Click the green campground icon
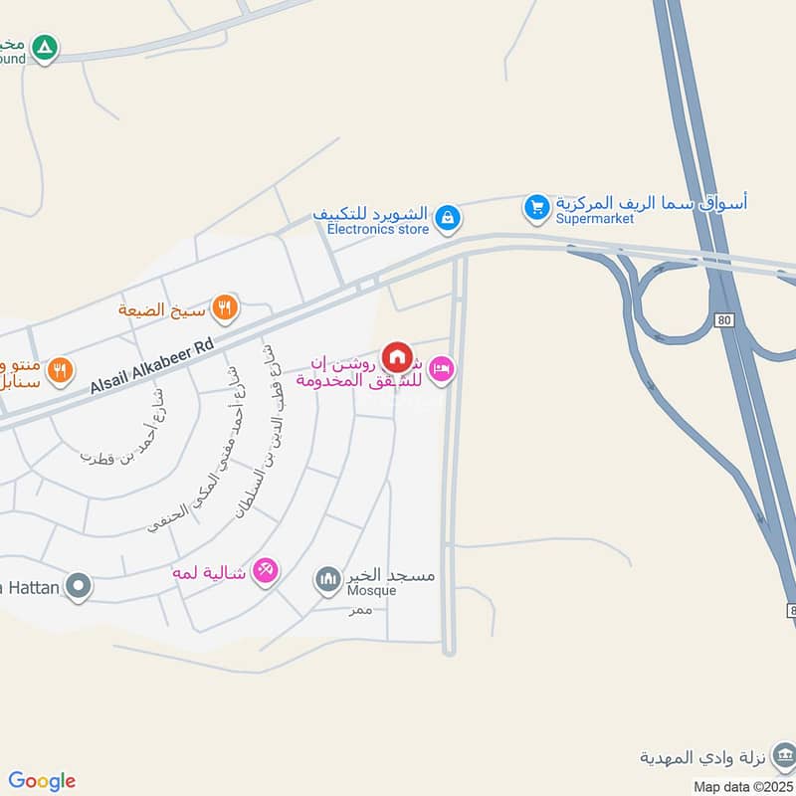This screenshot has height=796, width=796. pos(44,46)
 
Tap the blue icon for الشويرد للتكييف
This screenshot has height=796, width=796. pos(448,216)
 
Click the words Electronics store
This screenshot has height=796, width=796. pos(378,230)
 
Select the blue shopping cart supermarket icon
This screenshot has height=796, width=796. pos(537,207)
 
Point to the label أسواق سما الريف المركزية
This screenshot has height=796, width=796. pos(651,202)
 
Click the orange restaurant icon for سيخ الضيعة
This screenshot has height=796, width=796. pos(226,309)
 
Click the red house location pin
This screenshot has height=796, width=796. pos(397,356)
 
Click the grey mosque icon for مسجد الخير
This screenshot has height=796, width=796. pos(327,578)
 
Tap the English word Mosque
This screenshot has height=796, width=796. pos(371,591)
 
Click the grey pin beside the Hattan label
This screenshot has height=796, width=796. pos(79,586)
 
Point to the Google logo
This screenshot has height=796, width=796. pos(42,781)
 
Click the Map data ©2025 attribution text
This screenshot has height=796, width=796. pos(743,786)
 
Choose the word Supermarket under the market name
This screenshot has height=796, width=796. pos(594,219)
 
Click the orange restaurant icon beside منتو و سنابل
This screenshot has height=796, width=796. pos(61,370)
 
